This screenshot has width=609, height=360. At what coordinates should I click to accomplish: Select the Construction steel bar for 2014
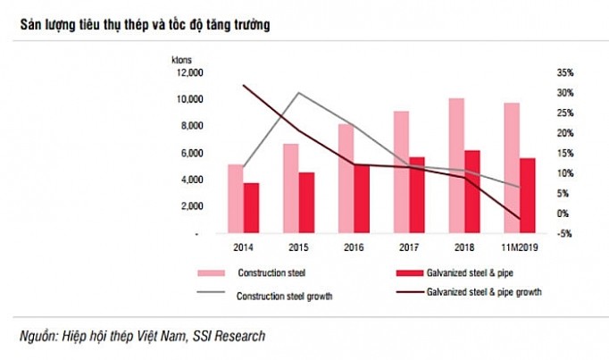[235, 198]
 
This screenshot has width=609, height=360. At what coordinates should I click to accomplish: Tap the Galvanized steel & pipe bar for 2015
[306, 203]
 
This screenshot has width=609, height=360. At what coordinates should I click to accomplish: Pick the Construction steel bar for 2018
[456, 165]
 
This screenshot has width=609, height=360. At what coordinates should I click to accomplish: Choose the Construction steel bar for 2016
[346, 179]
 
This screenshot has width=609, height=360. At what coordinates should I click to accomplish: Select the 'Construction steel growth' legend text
[284, 296]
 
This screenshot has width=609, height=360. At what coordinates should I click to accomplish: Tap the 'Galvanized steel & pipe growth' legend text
[484, 291]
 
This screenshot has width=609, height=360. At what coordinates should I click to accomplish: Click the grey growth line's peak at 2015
[298, 93]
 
